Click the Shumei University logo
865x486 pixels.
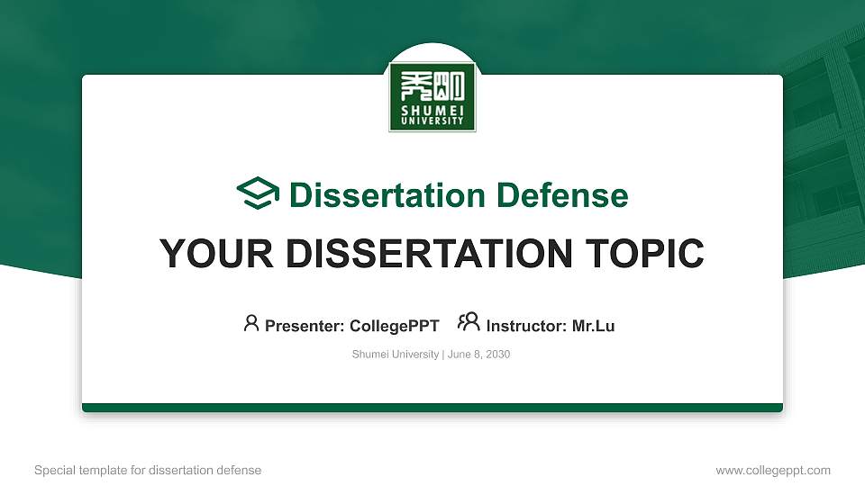pyautogui.click(x=432, y=96)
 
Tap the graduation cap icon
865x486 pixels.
pyautogui.click(x=259, y=194)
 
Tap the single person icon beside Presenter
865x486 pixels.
pyautogui.click(x=251, y=323)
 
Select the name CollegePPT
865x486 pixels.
pyautogui.click(x=394, y=326)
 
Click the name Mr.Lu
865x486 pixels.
pyautogui.click(x=594, y=326)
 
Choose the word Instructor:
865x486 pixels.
pyautogui.click(x=527, y=326)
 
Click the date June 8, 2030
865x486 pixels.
pyautogui.click(x=479, y=355)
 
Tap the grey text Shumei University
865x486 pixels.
pyautogui.click(x=395, y=355)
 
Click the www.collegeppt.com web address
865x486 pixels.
pyautogui.click(x=773, y=471)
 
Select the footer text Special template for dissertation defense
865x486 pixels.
pyautogui.click(x=148, y=471)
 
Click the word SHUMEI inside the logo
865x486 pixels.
pyautogui.click(x=432, y=109)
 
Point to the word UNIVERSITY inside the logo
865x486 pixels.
pyautogui.click(x=432, y=121)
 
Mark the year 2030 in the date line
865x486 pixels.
pyautogui.click(x=498, y=355)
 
